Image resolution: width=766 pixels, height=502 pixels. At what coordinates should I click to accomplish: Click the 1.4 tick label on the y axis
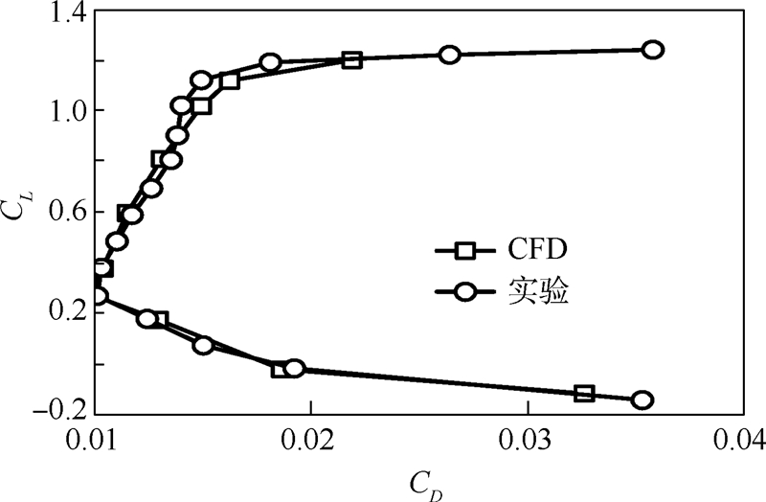(x=64, y=13)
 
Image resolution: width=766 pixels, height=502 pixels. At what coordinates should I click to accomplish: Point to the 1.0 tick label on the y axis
(x=64, y=110)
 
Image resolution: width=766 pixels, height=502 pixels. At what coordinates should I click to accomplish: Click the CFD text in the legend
(x=535, y=250)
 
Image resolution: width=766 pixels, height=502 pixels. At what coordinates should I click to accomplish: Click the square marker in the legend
(x=465, y=251)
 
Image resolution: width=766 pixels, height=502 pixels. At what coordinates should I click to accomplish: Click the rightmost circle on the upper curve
(x=653, y=50)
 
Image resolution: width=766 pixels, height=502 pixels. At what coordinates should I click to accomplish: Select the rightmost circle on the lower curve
(x=642, y=399)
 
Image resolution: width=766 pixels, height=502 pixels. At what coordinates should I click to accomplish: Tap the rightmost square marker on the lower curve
(x=585, y=393)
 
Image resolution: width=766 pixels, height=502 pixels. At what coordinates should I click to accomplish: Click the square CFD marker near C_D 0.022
(x=352, y=59)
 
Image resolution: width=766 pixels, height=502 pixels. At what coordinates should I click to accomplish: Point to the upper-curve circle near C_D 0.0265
(x=450, y=55)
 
